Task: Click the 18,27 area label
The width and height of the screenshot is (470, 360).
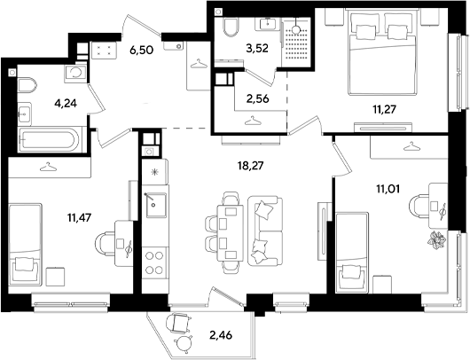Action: click(x=250, y=165)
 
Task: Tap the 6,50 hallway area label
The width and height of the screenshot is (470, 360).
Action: click(x=142, y=50)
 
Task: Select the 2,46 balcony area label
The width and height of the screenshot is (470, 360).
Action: click(x=221, y=335)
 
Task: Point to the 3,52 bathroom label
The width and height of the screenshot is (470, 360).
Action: click(x=257, y=48)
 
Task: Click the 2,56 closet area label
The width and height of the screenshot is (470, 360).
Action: click(x=257, y=98)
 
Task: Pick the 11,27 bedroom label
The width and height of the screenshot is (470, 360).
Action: click(x=384, y=109)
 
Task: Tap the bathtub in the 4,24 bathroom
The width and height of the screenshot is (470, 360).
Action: click(x=50, y=140)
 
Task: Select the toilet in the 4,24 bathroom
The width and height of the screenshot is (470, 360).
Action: click(x=27, y=85)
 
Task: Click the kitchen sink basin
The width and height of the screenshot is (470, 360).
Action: click(x=156, y=205)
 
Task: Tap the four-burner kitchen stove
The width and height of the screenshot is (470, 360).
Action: click(x=154, y=262)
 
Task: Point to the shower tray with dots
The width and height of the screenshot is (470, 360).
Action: click(x=296, y=44)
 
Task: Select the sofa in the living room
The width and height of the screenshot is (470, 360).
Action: click(x=265, y=231)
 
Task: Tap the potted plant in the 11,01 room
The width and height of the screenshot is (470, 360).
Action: click(x=436, y=240)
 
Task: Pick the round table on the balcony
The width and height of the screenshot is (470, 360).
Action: click(x=184, y=343)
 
